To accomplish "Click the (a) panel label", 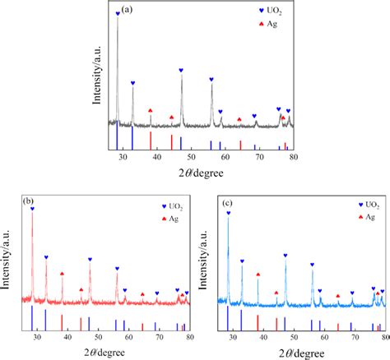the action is click(x=127, y=10).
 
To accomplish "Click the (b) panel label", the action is click(x=28, y=201).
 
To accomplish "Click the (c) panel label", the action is click(x=227, y=203).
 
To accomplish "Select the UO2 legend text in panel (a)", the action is click(x=274, y=11).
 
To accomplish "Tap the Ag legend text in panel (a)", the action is click(x=272, y=24).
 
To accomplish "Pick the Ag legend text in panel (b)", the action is click(x=174, y=219).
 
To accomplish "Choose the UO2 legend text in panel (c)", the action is click(x=373, y=205).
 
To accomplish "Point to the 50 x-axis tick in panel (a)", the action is click(x=191, y=157).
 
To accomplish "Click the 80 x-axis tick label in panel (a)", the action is click(x=294, y=157).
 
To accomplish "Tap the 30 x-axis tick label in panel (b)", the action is click(x=37, y=336).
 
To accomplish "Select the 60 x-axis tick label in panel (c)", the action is click(x=324, y=336).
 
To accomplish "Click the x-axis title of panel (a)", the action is click(x=201, y=173).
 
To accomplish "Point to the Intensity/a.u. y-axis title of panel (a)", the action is click(x=96, y=75).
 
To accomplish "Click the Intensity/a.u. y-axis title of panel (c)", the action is click(x=202, y=260).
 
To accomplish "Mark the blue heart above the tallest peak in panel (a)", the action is click(x=118, y=13).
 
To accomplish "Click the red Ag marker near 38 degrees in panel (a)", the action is click(x=150, y=110).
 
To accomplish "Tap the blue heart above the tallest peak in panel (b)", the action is click(x=32, y=209).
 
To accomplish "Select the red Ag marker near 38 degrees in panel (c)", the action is click(x=258, y=275).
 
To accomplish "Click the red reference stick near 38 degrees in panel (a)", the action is click(x=151, y=141).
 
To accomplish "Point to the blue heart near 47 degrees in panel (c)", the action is click(x=286, y=256).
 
